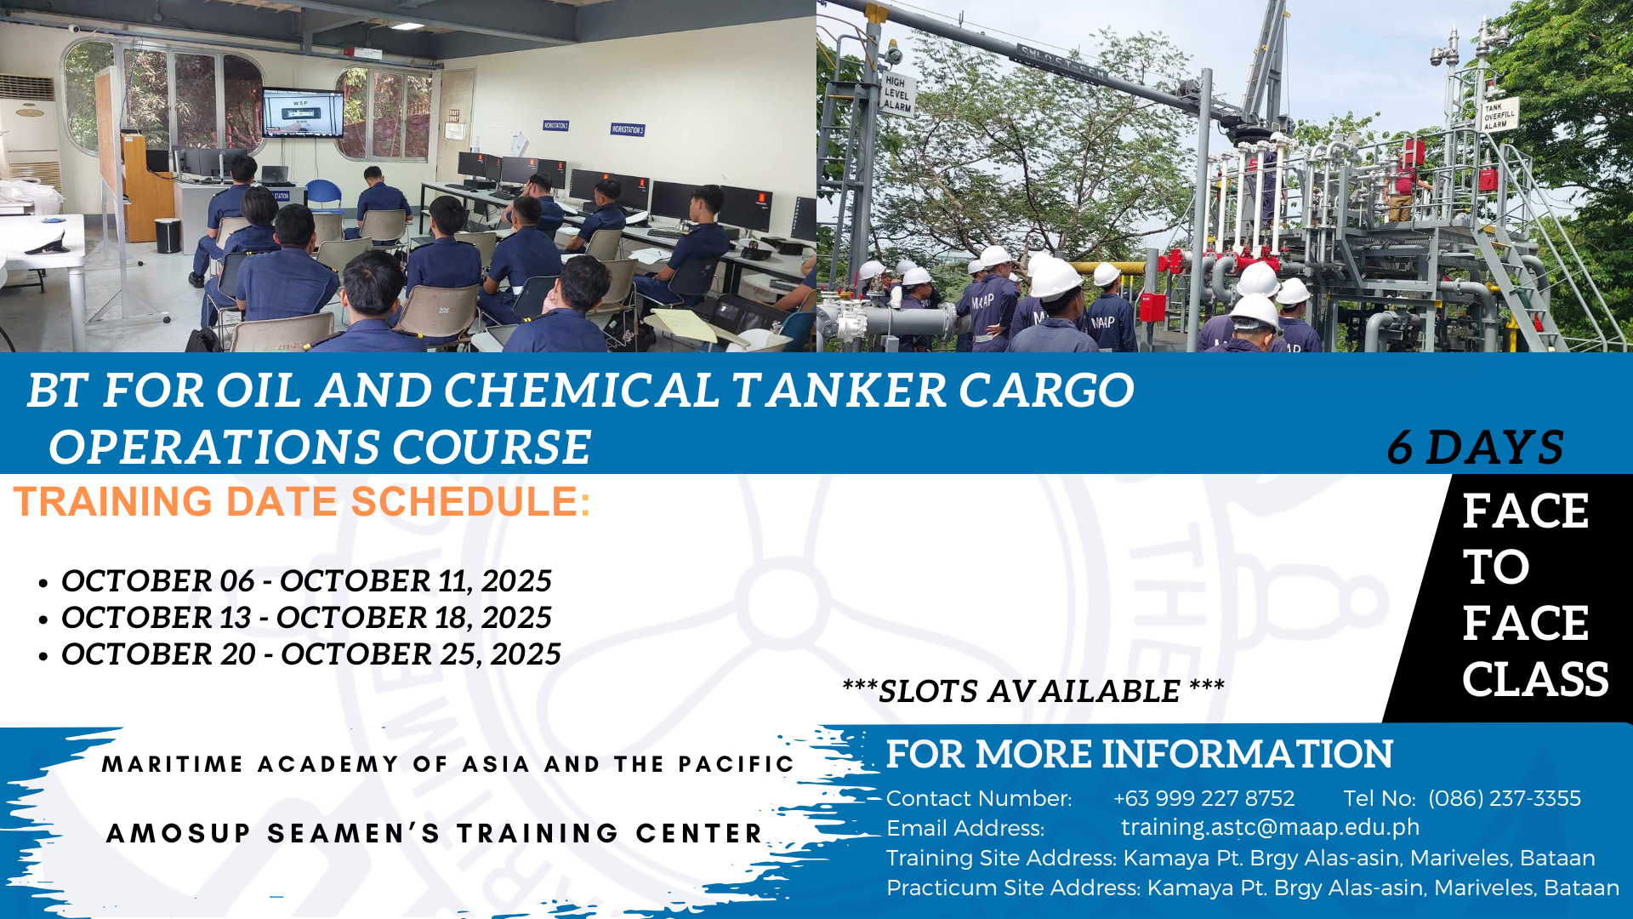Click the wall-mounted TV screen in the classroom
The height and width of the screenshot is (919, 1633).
coord(303,111)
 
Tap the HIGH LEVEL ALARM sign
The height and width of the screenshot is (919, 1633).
coord(896,94)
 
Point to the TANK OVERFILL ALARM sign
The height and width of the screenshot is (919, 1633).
coord(1499,116)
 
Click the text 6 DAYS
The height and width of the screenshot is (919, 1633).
coord(1476,447)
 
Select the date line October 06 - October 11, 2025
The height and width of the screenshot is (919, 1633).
coord(306,581)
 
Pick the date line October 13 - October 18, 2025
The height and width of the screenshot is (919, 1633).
coord(306,618)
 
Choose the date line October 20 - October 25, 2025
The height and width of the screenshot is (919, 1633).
coord(310,654)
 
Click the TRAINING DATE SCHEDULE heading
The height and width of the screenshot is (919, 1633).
coord(302,501)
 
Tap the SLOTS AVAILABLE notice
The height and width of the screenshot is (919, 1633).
coord(1033,691)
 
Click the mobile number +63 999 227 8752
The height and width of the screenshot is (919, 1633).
coord(1203,798)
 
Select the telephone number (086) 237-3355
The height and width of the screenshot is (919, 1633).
coord(1505,798)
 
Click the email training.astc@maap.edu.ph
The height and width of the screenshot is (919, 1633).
coord(1270,827)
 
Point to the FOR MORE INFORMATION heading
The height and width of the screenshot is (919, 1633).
coord(1140,754)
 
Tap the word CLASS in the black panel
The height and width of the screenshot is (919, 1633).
coord(1535,679)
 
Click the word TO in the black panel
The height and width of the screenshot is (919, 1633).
coord(1496,567)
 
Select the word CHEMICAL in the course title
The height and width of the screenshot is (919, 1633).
coord(582,390)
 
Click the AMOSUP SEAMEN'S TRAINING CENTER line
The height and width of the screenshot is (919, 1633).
coord(435,833)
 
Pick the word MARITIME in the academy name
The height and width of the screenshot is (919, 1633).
coord(173,764)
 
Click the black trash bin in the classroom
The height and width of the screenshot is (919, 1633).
coord(168,235)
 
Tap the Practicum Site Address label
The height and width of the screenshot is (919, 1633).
coord(1013,888)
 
